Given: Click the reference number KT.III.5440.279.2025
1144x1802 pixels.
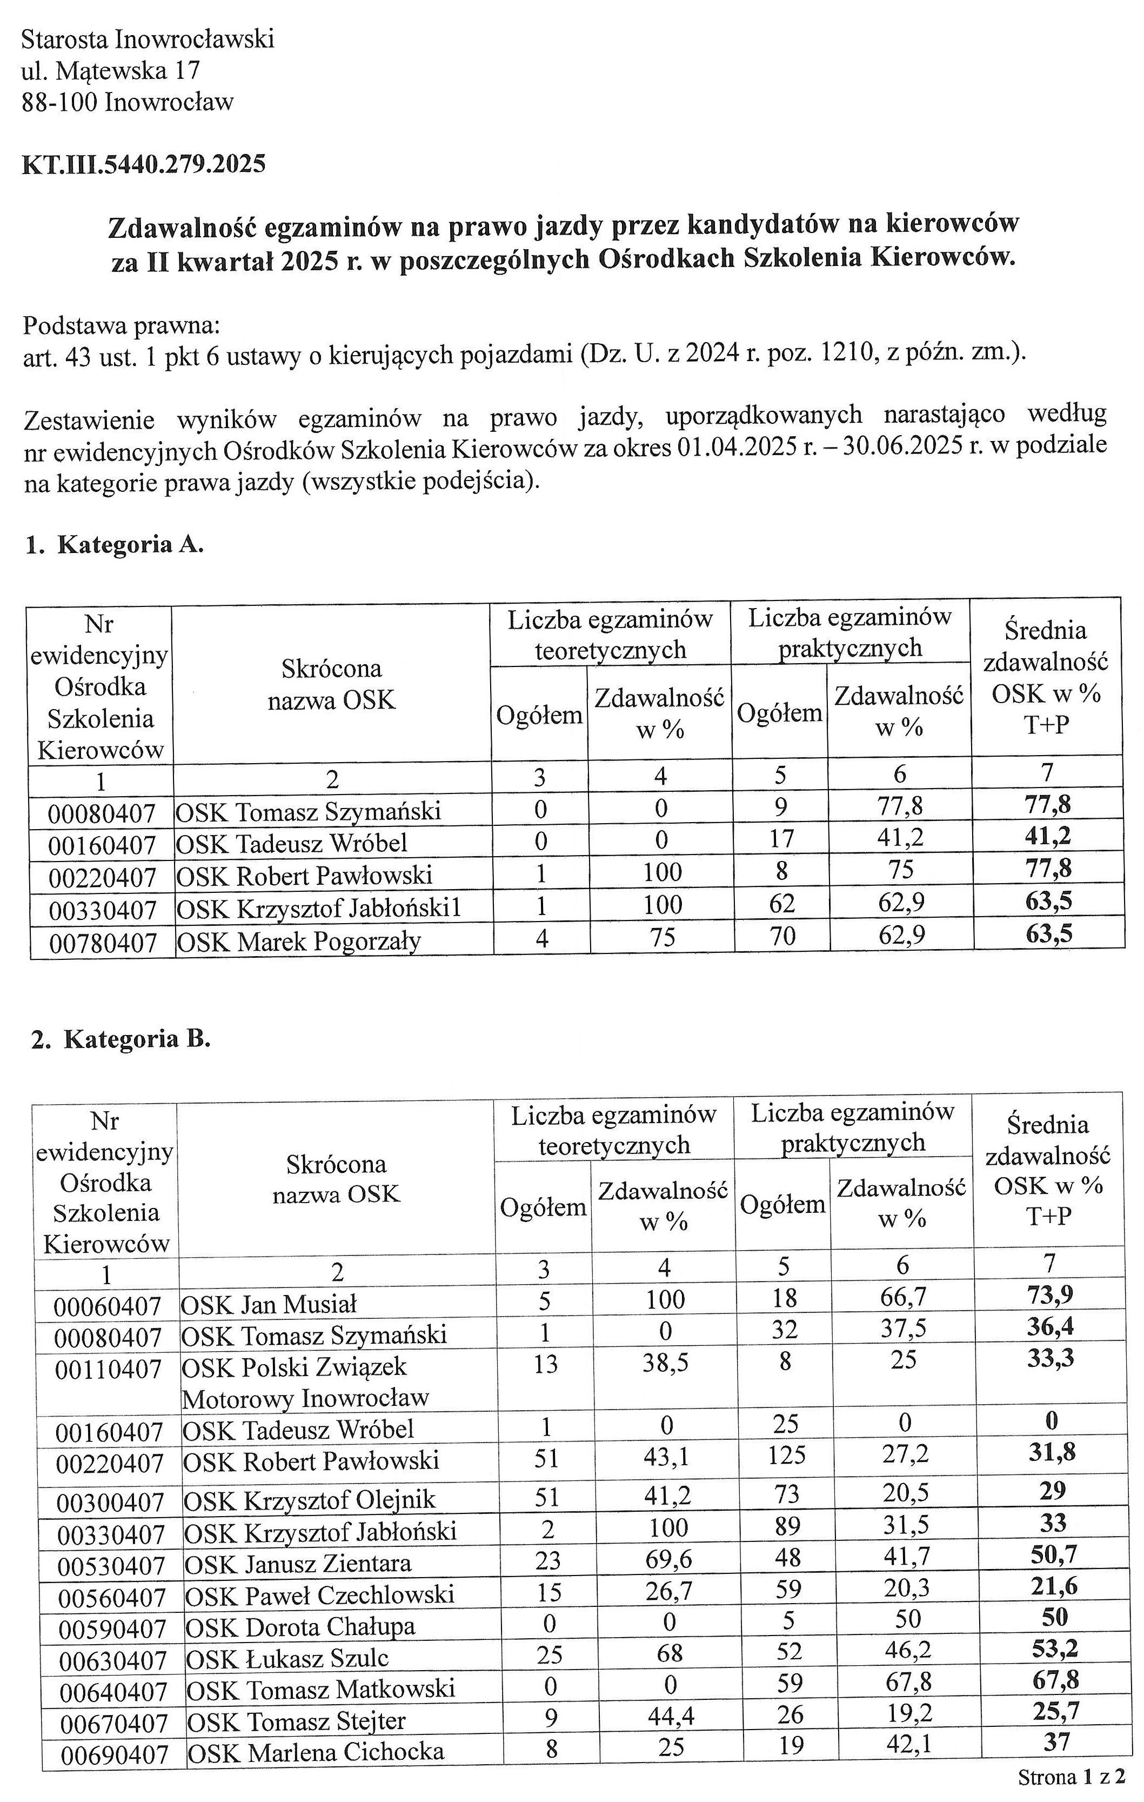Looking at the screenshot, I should point(144,164).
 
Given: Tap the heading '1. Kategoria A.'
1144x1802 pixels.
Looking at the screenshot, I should point(115,544).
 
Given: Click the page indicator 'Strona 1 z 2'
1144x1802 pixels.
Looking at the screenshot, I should point(1072,1777).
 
